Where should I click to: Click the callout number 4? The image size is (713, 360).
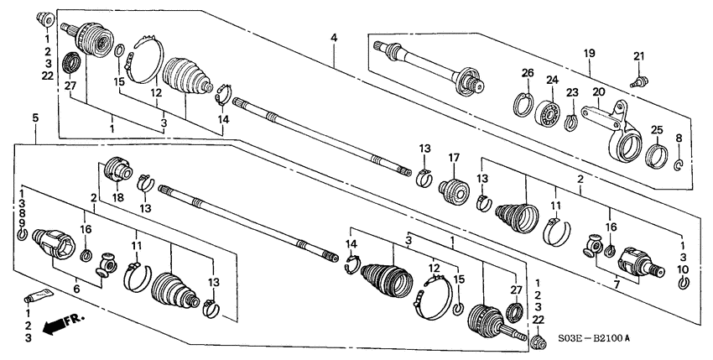pyautogui.click(x=334, y=38)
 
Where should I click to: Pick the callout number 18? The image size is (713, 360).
pyautogui.click(x=115, y=198)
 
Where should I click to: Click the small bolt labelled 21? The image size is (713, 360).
pyautogui.click(x=638, y=82)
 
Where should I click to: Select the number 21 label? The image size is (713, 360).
pyautogui.click(x=639, y=56)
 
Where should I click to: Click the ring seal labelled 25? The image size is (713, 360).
pyautogui.click(x=658, y=156)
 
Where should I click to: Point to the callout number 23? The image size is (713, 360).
pyautogui.click(x=572, y=93)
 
